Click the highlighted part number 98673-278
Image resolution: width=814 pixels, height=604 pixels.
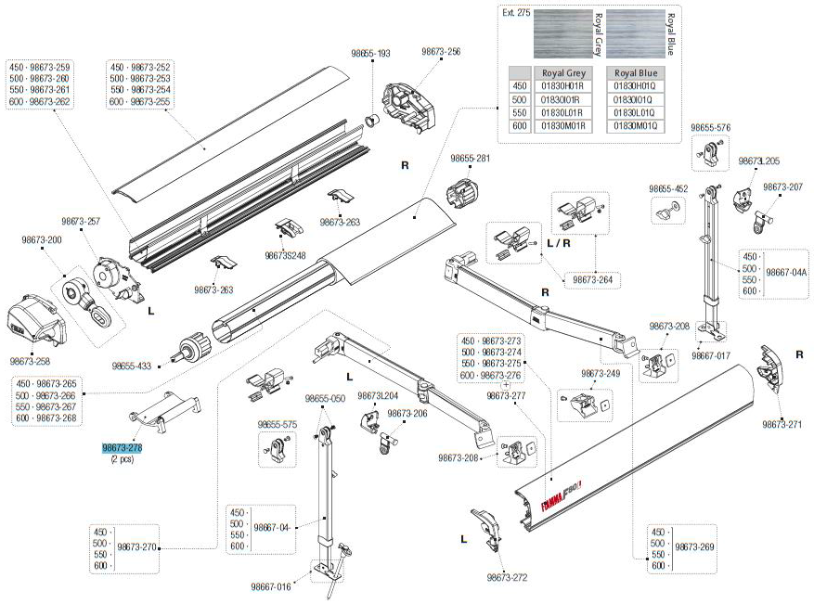coord(122,447)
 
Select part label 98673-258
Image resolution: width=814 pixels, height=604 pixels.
coord(30,362)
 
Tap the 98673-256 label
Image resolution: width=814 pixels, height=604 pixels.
coord(441,52)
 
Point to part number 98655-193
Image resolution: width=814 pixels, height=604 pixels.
coord(370,54)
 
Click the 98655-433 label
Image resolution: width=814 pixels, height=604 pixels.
coord(131,366)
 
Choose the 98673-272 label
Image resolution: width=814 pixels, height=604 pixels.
coord(507,577)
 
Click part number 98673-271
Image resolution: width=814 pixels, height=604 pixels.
coord(782,424)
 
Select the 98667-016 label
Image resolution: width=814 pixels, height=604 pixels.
coord(271,585)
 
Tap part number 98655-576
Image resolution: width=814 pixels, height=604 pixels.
coord(710,127)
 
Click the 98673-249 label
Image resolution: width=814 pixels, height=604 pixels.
coord(600,373)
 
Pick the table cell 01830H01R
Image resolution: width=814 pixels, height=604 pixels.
coord(561,86)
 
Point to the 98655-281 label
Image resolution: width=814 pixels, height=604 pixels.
coord(470,159)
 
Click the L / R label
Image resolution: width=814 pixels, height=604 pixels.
coord(560,242)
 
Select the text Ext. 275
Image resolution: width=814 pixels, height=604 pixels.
coord(516,14)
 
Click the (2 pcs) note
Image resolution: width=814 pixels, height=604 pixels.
coord(122,459)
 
